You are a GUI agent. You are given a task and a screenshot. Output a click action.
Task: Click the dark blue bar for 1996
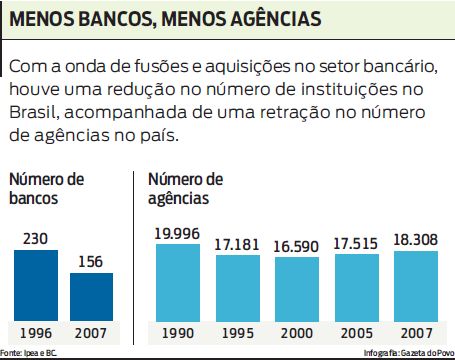pyautogui.click(x=35, y=285)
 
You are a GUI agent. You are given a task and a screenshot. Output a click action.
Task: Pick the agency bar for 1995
pyautogui.click(x=235, y=287)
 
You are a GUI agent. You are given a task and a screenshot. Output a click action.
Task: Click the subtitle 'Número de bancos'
pyautogui.click(x=47, y=188)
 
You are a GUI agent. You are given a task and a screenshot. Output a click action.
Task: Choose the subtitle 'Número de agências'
pyautogui.click(x=185, y=188)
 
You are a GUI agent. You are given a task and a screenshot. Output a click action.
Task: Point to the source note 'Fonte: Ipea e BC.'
pyautogui.click(x=28, y=353)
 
